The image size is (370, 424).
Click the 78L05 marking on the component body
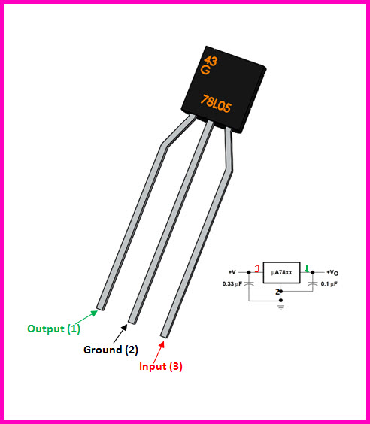pos(216,104)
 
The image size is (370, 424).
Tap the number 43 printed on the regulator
pos(211,61)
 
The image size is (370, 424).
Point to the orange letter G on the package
pos(205,70)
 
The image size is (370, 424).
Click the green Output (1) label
pos(54,329)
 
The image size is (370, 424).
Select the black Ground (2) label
pos(111,350)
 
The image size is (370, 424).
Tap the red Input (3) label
pos(161,366)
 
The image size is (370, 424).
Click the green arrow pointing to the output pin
pos(86,317)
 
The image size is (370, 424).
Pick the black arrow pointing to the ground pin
pos(120,333)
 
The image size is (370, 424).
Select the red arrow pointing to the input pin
pos(159,352)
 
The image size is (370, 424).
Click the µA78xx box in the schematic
pos(281,273)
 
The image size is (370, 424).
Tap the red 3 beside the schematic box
pos(257,268)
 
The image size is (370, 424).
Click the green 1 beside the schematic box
pos(307,268)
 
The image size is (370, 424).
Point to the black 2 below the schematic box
pos(277,292)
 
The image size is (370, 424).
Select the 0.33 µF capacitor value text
pos(232,284)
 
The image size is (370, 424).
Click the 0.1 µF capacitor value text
pos(329,284)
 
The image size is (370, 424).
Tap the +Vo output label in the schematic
pos(332,273)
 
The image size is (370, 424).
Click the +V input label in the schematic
pos(232,272)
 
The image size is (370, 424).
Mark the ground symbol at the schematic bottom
pos(281,307)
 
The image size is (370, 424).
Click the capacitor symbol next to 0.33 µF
pos(249,284)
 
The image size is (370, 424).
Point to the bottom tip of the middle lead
pos(132,322)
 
